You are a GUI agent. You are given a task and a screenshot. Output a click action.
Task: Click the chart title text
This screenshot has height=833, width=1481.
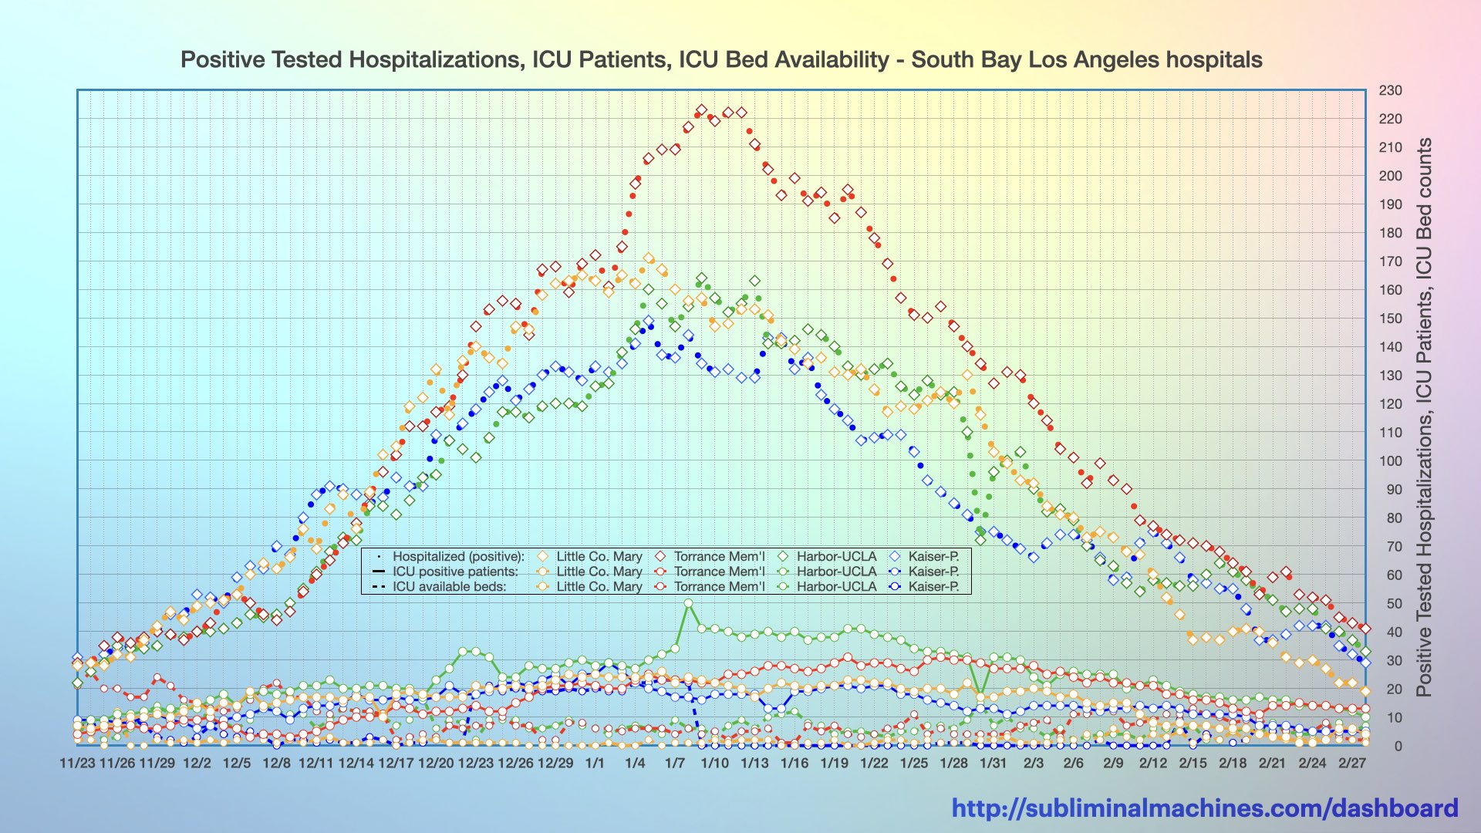click(721, 59)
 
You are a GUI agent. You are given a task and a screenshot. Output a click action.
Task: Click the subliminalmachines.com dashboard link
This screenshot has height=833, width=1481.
click(1204, 808)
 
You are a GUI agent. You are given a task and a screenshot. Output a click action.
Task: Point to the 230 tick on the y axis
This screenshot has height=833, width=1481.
click(1390, 90)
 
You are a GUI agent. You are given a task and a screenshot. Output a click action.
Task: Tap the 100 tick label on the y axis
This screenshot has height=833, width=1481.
click(1390, 461)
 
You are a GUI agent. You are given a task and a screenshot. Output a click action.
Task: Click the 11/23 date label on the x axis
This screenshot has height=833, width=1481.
click(77, 763)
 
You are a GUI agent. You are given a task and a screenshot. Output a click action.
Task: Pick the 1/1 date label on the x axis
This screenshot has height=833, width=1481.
click(595, 763)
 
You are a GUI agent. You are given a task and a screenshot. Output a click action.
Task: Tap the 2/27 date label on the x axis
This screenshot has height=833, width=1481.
click(1351, 763)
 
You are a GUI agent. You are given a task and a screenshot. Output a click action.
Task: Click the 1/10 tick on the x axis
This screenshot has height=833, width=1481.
click(714, 763)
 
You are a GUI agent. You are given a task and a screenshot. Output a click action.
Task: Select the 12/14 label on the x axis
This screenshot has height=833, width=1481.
click(356, 763)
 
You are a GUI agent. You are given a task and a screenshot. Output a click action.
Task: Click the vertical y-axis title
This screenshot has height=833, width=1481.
click(1423, 416)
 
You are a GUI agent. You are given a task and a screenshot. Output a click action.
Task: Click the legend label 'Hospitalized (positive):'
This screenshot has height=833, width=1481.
click(458, 556)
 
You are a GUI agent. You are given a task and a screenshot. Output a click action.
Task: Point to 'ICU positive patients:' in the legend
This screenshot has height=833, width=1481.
click(455, 572)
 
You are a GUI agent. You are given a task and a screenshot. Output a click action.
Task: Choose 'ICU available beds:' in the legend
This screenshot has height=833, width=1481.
click(449, 586)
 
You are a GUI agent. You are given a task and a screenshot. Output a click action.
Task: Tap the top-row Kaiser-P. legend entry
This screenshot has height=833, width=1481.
click(933, 556)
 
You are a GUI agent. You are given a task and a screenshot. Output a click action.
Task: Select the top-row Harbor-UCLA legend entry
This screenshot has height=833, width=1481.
click(836, 556)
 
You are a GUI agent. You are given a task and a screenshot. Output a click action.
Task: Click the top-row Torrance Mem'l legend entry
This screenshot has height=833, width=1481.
click(719, 556)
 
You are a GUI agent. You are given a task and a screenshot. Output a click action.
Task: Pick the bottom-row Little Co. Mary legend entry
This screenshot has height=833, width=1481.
click(599, 586)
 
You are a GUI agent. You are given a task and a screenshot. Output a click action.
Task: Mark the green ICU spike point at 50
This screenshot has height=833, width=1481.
click(688, 603)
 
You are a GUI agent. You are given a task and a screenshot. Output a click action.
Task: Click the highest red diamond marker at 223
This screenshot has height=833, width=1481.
click(701, 110)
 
